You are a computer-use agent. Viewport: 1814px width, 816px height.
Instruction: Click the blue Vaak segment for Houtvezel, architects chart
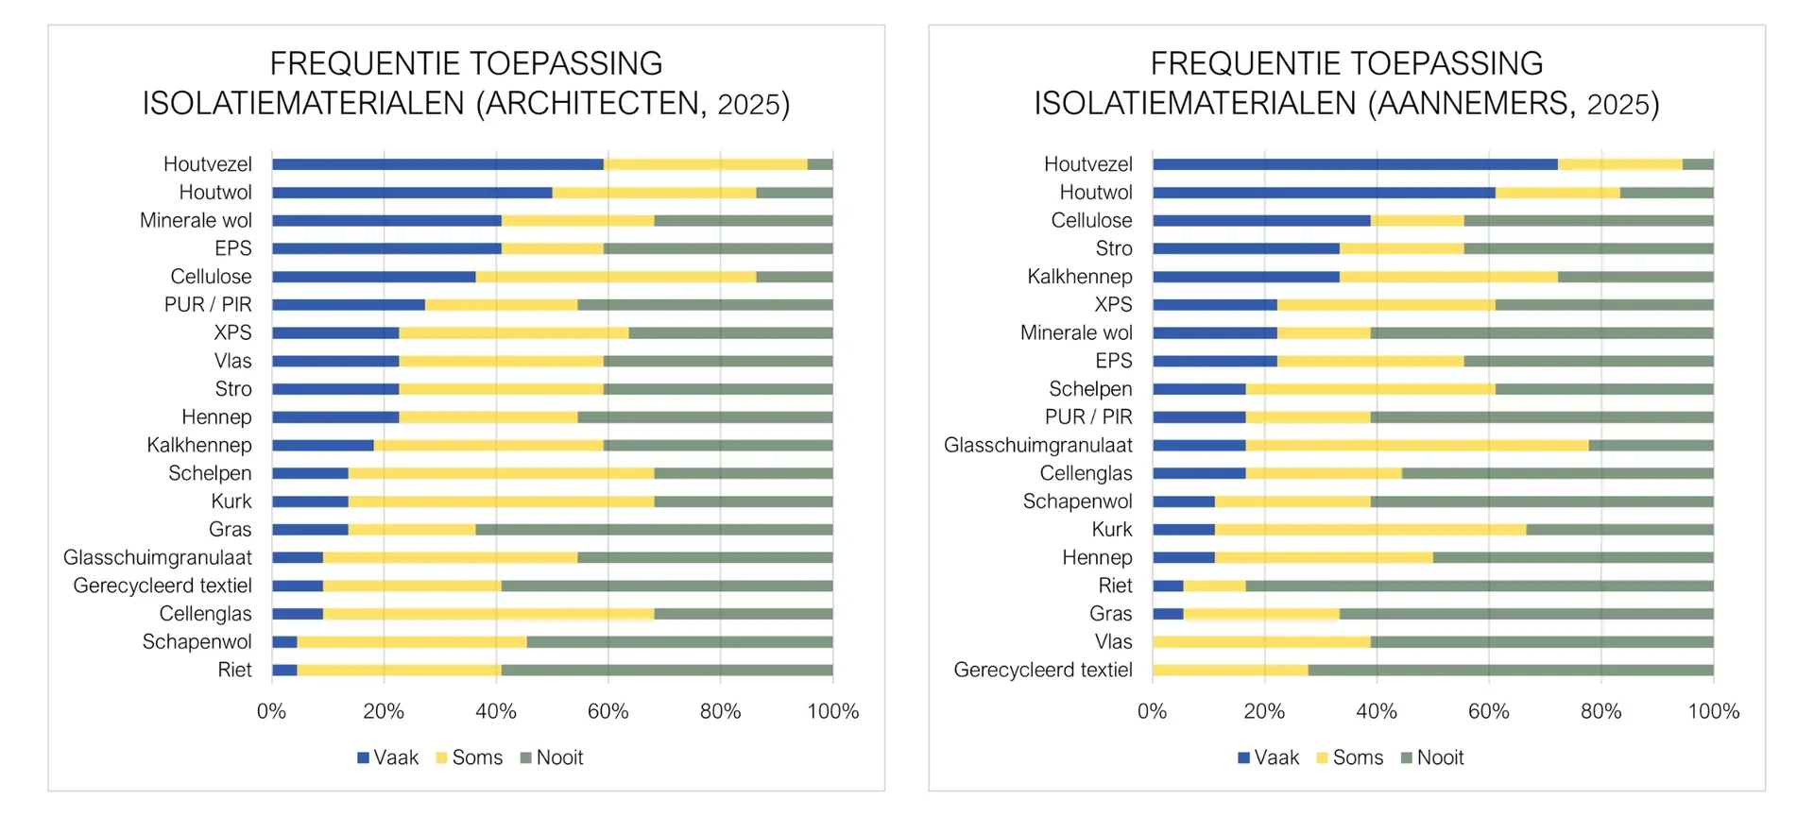[x=437, y=164]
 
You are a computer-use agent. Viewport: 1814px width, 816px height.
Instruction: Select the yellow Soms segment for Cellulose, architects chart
[x=616, y=277]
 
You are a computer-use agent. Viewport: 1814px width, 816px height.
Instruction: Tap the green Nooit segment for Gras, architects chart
[x=654, y=530]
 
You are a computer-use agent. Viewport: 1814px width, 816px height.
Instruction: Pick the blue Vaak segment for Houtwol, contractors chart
[x=1324, y=193]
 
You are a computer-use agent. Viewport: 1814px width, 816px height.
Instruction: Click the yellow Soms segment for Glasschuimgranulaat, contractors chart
[x=1417, y=446]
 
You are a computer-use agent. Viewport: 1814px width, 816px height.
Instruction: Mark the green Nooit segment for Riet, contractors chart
[x=1480, y=586]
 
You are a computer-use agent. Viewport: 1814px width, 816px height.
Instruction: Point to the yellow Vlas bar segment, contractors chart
[x=1261, y=642]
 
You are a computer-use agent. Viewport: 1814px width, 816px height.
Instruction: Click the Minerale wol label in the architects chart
[x=196, y=221]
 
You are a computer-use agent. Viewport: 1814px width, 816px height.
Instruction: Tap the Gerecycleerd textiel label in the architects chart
[x=163, y=586]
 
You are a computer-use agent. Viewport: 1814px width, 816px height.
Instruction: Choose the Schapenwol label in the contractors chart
[x=1077, y=501]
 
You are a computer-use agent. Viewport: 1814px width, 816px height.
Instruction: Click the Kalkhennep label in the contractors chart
[x=1080, y=277]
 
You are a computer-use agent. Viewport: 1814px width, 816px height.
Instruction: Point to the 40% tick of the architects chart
[x=496, y=712]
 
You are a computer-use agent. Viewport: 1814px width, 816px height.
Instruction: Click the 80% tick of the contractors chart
[x=1600, y=712]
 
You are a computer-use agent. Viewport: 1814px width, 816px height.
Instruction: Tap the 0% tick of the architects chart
[x=272, y=712]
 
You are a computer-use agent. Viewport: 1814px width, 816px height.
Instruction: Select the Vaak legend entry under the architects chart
[x=388, y=757]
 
